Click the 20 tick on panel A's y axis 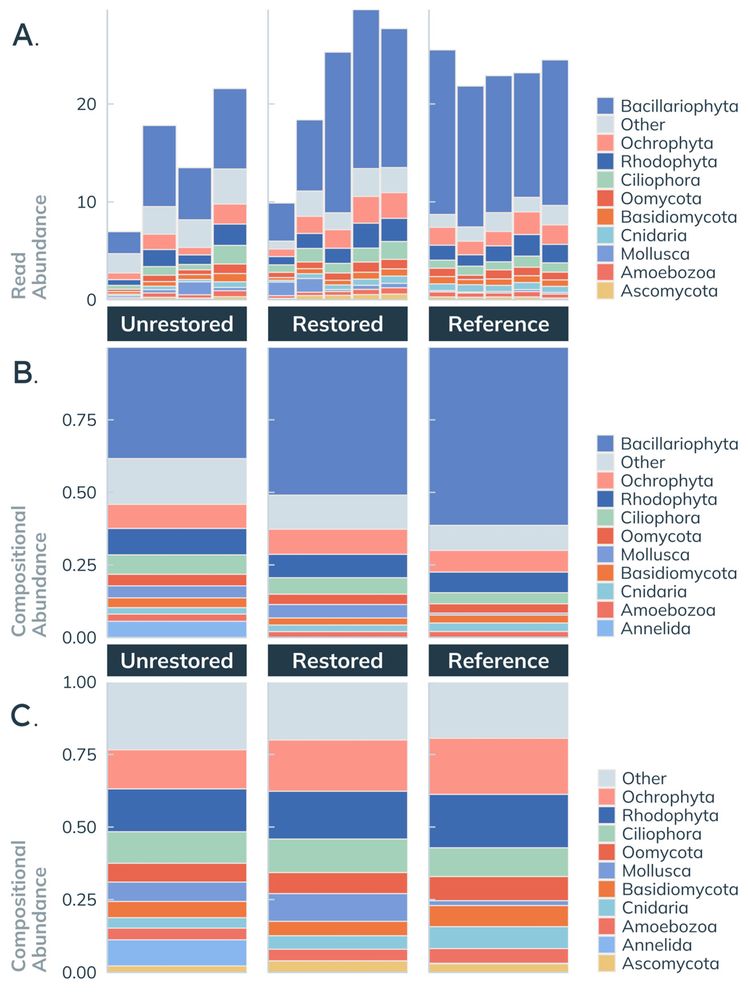[x=86, y=104]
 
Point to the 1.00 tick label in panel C [x=79, y=682]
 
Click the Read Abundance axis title [x=29, y=247]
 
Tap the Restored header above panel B [x=337, y=324]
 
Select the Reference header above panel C [x=498, y=661]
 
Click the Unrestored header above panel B [x=177, y=324]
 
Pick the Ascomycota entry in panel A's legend [x=669, y=291]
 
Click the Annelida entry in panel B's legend [x=655, y=628]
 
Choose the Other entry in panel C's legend [x=644, y=778]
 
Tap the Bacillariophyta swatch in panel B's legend [x=605, y=443]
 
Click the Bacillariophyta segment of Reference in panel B [x=498, y=435]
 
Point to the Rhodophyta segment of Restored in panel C [x=337, y=814]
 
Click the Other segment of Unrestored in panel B [x=177, y=481]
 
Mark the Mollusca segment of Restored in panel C [x=337, y=907]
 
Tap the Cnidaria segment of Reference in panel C [x=498, y=937]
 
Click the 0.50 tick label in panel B [x=79, y=492]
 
